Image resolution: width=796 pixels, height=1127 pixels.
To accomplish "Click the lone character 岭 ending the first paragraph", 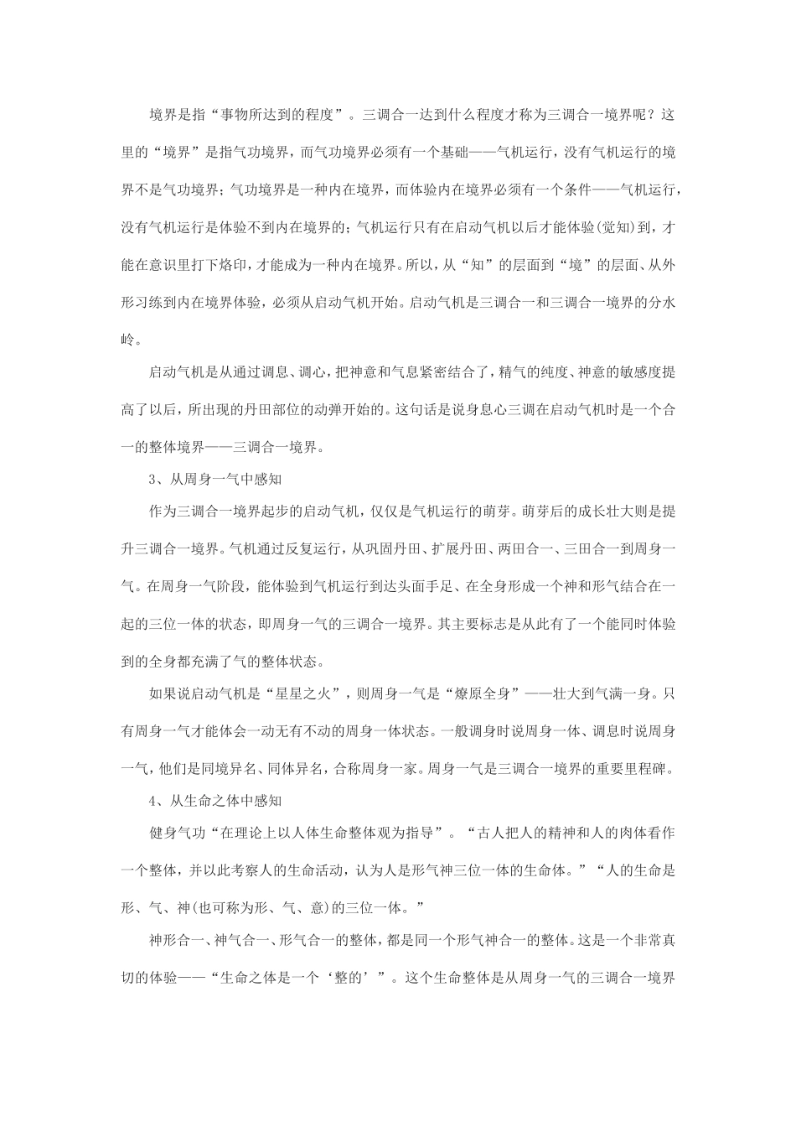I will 127,342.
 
